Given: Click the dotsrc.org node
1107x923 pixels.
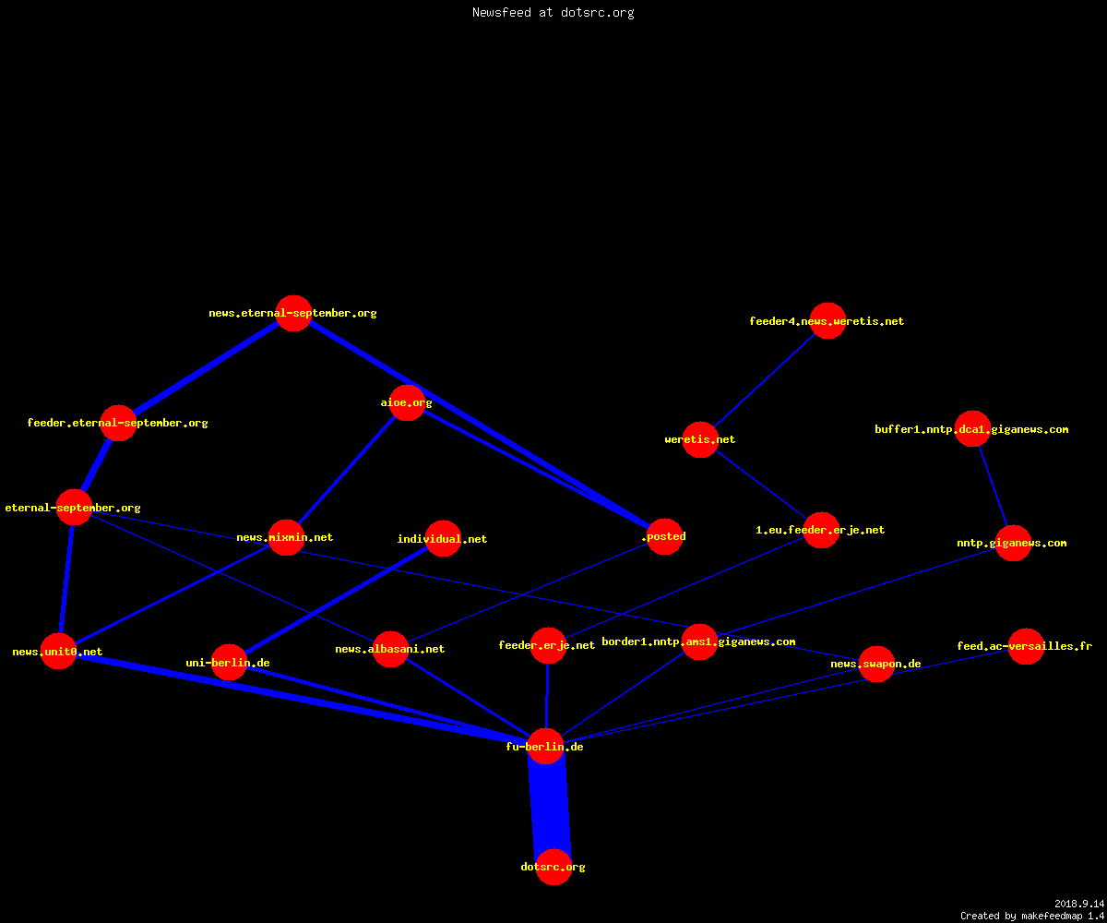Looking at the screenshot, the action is click(553, 867).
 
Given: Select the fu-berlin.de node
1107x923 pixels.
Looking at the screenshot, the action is click(545, 747).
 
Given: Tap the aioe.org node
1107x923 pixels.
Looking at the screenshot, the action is click(407, 402).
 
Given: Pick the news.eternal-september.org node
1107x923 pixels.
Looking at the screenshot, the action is click(293, 313).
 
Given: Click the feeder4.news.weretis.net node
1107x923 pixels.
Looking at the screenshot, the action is click(827, 321).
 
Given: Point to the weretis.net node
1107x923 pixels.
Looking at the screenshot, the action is click(700, 439).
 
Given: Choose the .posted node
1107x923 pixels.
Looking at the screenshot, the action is click(665, 536).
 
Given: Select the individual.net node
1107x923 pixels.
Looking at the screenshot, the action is click(443, 538).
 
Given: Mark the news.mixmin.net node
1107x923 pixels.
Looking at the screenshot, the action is click(286, 537).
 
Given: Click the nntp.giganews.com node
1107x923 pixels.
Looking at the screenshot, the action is click(1013, 543).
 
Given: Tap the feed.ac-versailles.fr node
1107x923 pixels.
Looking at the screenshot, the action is click(1027, 646).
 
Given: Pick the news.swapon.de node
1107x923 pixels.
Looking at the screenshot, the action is click(877, 664).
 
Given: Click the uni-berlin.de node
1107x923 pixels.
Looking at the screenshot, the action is click(229, 662).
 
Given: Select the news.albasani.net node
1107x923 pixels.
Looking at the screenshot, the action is click(391, 649).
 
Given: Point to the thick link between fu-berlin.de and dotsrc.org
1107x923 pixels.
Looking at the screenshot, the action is click(550, 807).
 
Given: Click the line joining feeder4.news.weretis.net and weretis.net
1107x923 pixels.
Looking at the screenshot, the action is click(764, 380).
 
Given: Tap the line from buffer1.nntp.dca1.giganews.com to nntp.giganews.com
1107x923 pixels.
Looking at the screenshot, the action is click(993, 485).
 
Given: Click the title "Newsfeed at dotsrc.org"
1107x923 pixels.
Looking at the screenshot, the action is click(553, 12).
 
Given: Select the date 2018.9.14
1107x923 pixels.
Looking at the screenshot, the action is click(1079, 904).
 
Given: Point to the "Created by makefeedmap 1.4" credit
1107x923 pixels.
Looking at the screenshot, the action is click(1032, 916).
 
